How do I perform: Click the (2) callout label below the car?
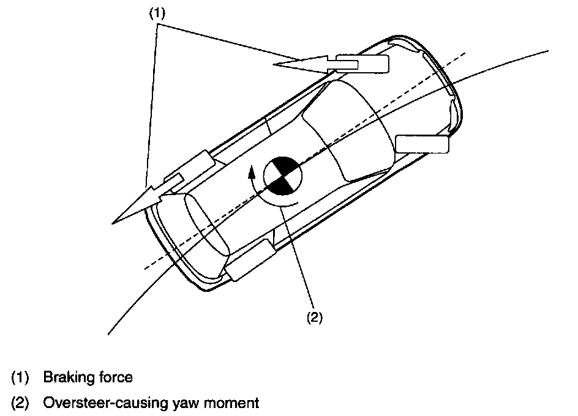click(x=313, y=318)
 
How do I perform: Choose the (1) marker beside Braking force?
click(x=20, y=377)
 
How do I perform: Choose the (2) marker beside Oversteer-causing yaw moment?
click(x=20, y=403)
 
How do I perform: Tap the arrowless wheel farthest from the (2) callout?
click(x=423, y=144)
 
